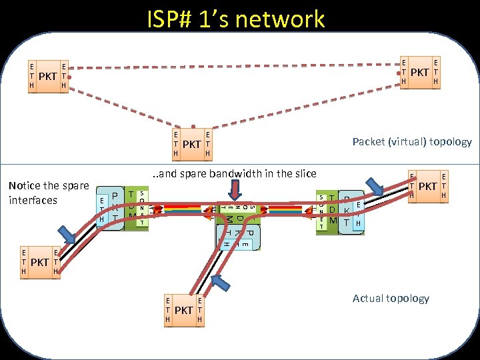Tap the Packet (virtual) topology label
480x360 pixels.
411,141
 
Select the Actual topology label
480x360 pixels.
391,298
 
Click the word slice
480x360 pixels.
304,173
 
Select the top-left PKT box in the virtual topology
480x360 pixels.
47,76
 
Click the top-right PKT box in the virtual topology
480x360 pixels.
419,71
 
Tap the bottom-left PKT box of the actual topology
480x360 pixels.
39,262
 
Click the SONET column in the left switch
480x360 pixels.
142,208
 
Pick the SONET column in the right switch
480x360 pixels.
321,212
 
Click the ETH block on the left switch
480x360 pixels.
101,210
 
